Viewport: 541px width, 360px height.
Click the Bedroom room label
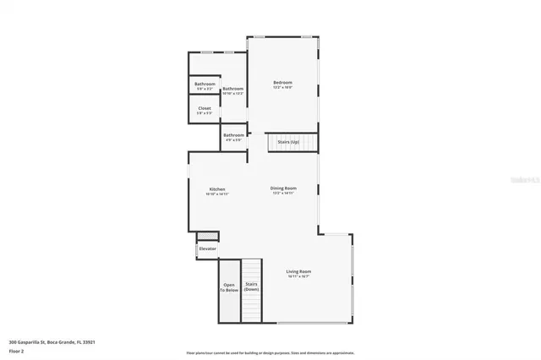coord(282,82)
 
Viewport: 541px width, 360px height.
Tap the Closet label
coord(205,108)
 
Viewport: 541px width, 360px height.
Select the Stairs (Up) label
coord(289,141)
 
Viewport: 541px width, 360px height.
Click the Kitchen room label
coord(217,188)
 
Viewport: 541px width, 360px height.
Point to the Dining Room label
coord(283,188)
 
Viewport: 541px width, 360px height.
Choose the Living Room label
coord(299,271)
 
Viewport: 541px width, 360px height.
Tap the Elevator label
coord(207,248)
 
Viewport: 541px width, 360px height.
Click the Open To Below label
coord(229,287)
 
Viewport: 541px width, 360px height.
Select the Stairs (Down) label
coord(251,287)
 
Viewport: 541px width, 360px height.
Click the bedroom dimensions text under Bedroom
coord(282,88)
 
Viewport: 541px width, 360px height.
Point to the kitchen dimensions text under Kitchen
coord(217,194)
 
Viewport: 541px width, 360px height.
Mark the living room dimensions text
coord(299,277)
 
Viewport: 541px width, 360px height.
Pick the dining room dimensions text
coord(283,194)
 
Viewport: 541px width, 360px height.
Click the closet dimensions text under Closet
coord(205,114)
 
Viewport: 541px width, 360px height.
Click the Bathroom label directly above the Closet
coord(205,84)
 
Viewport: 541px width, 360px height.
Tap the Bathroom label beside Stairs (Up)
coord(233,134)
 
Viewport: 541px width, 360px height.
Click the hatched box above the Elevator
coord(207,234)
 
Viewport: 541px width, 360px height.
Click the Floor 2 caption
coord(16,349)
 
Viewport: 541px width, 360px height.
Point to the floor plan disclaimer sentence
coord(270,352)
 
